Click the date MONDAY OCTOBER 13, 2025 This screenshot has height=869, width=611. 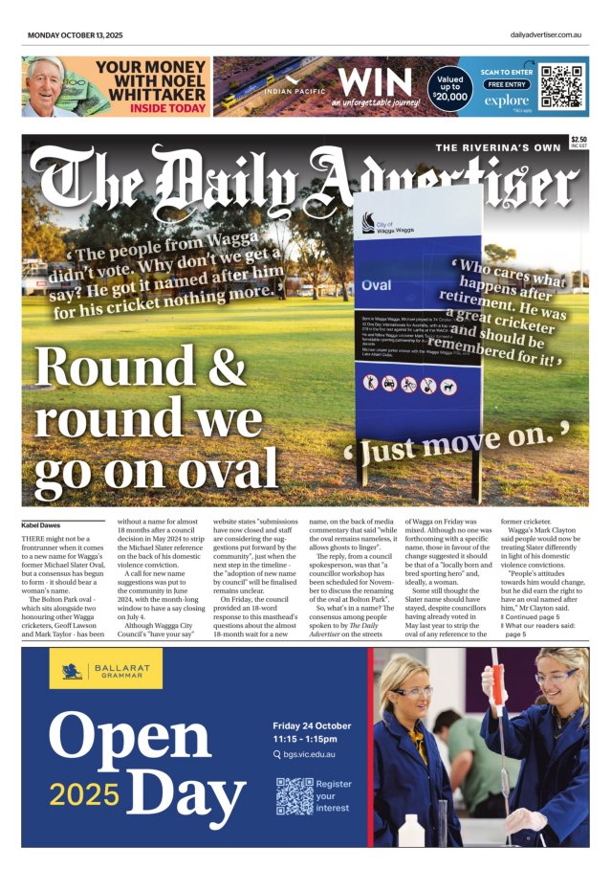75,35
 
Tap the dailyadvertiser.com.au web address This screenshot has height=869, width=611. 546,35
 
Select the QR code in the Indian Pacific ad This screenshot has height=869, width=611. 561,85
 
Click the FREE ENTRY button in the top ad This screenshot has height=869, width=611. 506,84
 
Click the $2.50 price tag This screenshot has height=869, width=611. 579,141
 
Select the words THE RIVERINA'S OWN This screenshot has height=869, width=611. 498,147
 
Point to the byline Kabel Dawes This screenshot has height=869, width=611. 42,524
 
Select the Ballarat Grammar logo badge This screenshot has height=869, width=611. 93,671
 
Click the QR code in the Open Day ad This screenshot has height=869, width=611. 294,795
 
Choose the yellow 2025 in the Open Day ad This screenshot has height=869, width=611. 85,793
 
